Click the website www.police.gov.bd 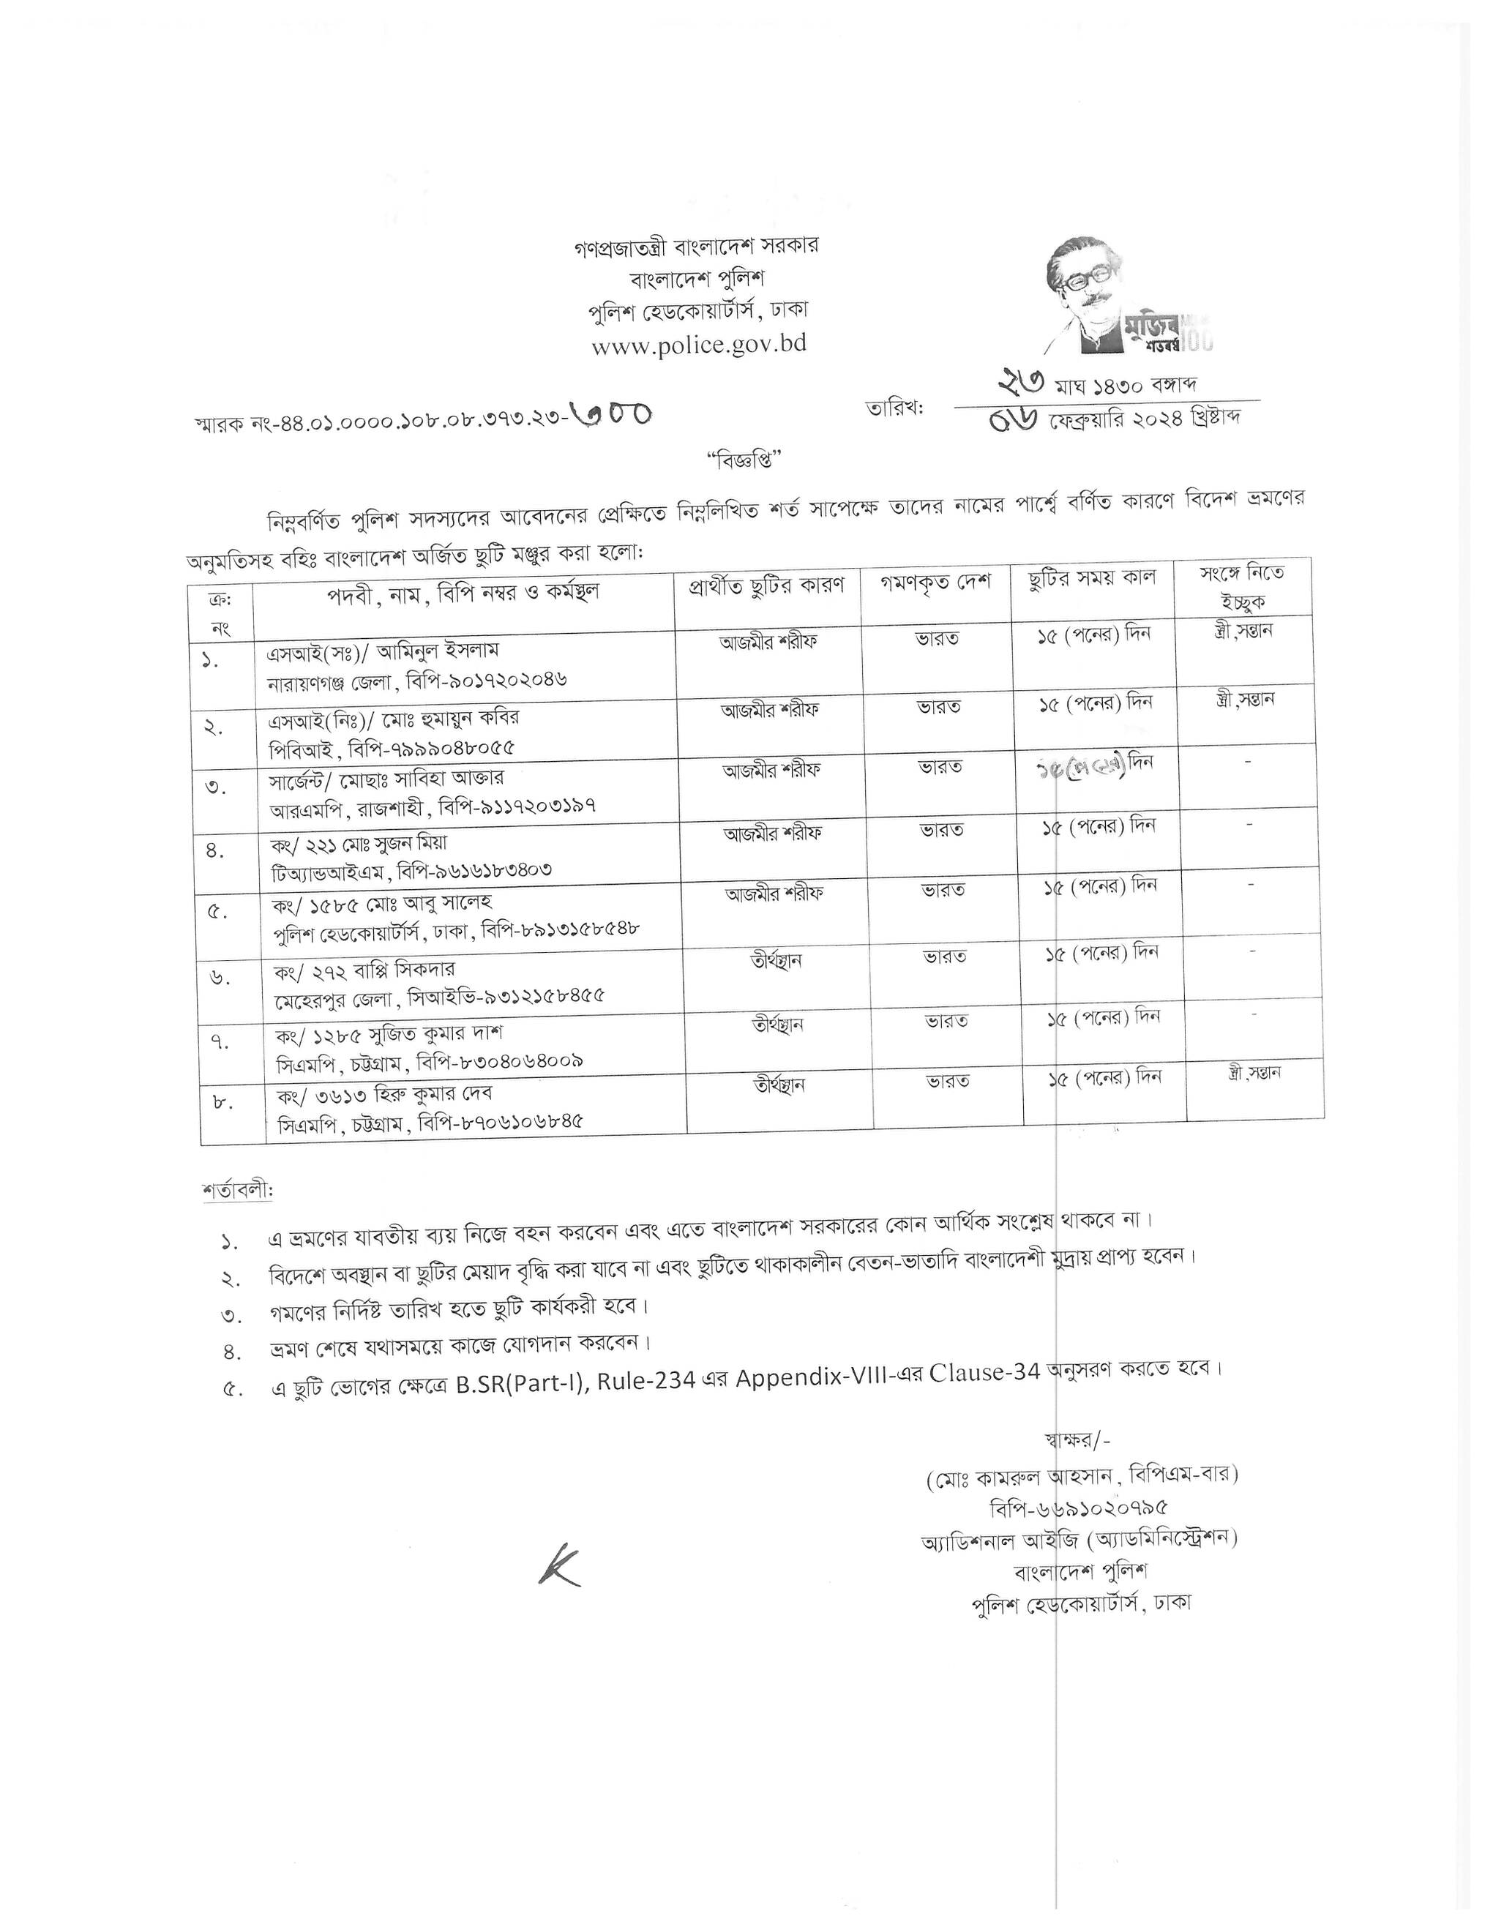[699, 344]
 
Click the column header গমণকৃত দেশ [936, 583]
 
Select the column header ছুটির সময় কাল [1093, 580]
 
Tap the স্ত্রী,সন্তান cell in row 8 [1254, 1073]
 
